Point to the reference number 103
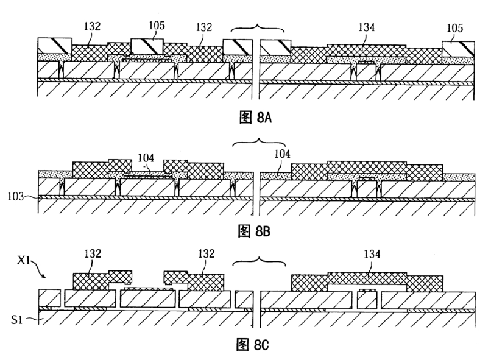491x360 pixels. click(x=18, y=197)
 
